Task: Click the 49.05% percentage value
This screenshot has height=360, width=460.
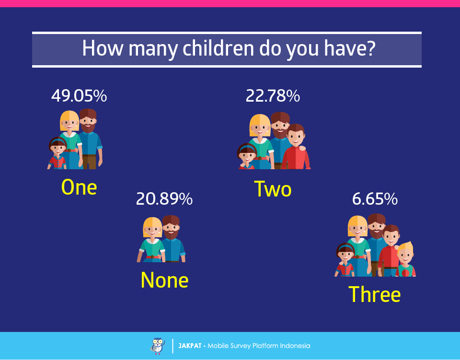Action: coord(79,96)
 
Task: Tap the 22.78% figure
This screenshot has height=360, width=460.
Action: coord(273,96)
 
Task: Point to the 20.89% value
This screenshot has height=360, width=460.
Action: coord(164,198)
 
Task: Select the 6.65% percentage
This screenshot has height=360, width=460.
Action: coord(375,198)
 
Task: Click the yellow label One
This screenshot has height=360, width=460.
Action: coord(79,187)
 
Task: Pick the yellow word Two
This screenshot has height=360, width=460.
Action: coord(273,189)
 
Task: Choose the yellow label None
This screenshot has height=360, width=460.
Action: coord(164,280)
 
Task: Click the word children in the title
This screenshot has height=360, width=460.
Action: coord(218,48)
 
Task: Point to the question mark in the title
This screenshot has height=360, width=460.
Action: coord(371,48)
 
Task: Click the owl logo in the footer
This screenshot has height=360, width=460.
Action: coord(158,346)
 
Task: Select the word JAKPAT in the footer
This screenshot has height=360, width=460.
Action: coord(190,346)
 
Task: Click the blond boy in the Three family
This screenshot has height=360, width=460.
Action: coord(405,260)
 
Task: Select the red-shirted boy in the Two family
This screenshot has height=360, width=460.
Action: coord(296,147)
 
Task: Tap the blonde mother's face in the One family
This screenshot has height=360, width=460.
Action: coord(69,121)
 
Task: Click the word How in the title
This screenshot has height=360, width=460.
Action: coord(103,48)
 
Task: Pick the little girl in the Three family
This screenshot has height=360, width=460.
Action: coord(345,260)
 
